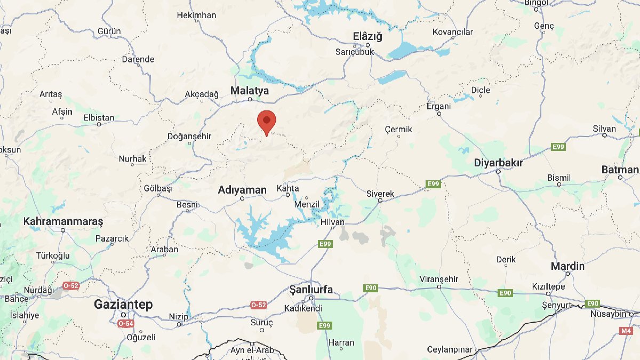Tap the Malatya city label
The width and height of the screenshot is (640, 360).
coord(250,91)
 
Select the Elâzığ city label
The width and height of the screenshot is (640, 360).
coord(368,37)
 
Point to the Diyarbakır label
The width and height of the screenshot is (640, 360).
coord(499,163)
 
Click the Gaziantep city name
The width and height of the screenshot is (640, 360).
coord(123,305)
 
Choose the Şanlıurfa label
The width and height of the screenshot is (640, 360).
coord(311,290)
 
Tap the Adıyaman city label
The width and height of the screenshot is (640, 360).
coord(242,190)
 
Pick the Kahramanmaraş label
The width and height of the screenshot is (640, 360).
coord(63,221)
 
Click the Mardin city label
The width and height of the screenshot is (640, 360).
coord(567,266)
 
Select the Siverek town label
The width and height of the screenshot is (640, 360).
coord(380,194)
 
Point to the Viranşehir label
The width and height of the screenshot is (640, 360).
coord(439,279)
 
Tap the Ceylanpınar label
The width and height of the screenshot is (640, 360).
coord(450,350)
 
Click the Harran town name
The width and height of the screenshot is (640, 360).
coord(341,343)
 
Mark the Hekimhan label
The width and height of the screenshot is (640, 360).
coord(196,15)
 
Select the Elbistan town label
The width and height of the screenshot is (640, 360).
coord(99,118)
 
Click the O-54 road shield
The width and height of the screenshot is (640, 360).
coord(126,324)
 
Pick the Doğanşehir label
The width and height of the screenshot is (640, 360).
coord(189,137)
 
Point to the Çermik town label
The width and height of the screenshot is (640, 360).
coord(398,129)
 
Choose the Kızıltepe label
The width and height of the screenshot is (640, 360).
coord(548,287)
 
